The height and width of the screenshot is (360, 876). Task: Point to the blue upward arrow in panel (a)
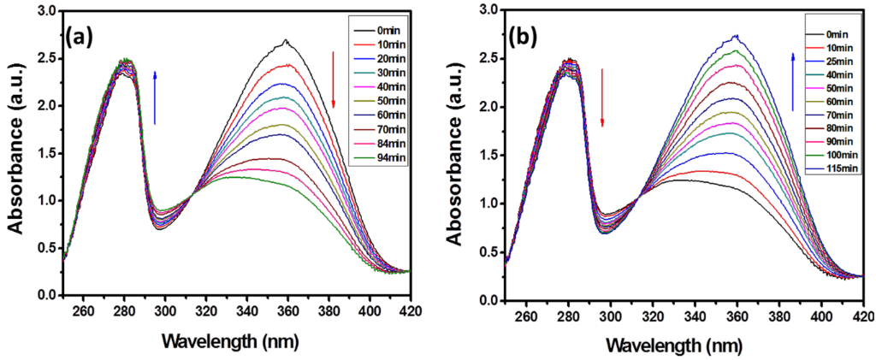pos(154,97)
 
